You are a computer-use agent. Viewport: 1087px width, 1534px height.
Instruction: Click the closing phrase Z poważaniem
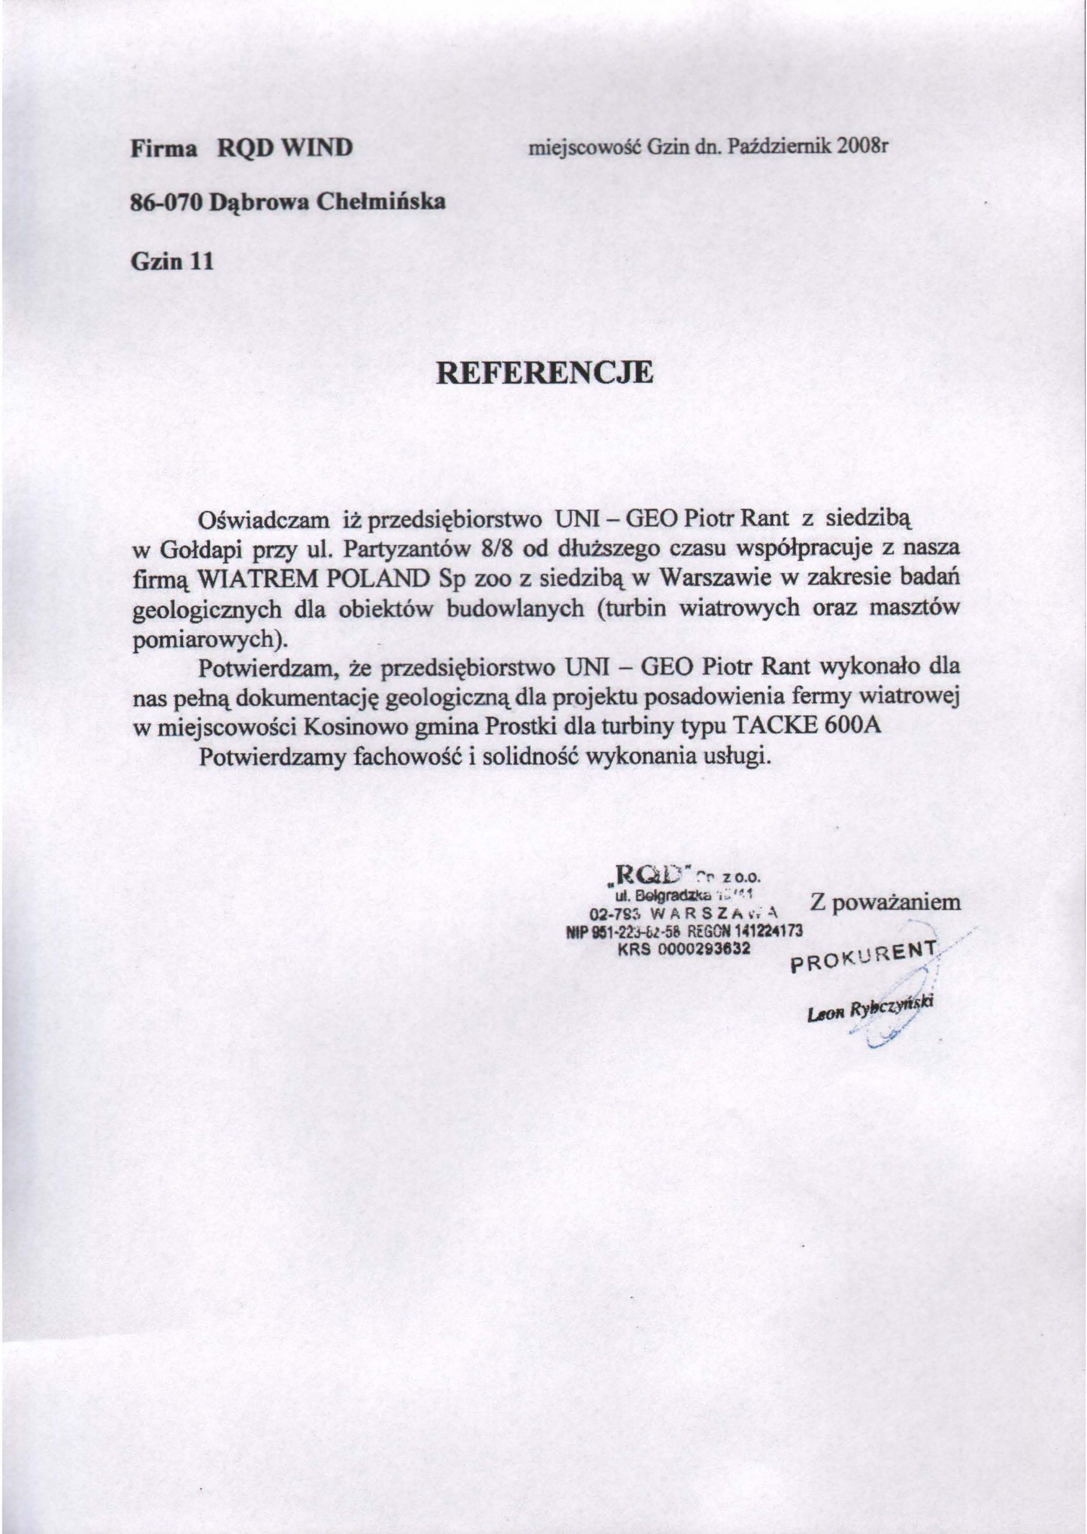coord(885,902)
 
